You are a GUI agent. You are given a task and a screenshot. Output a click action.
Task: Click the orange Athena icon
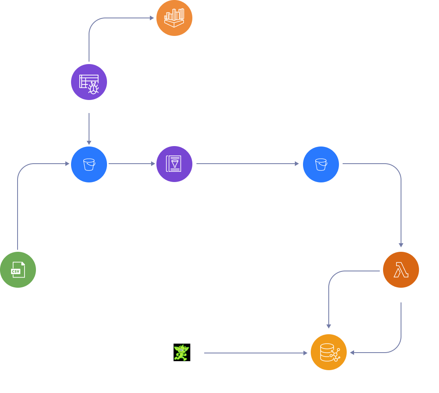[174, 18]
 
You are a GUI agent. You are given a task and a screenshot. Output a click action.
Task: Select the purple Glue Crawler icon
[89, 82]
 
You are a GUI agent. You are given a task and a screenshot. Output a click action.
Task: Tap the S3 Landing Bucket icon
[89, 164]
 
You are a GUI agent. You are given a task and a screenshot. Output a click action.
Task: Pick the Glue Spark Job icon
[174, 164]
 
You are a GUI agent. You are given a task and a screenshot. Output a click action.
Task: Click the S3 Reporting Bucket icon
[321, 164]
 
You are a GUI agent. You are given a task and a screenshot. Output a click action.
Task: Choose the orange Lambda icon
[401, 270]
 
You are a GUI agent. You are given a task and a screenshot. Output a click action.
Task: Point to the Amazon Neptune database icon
[328, 353]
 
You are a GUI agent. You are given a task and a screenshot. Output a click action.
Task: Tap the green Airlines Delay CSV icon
[18, 270]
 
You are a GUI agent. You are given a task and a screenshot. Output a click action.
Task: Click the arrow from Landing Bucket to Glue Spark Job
[131, 164]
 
